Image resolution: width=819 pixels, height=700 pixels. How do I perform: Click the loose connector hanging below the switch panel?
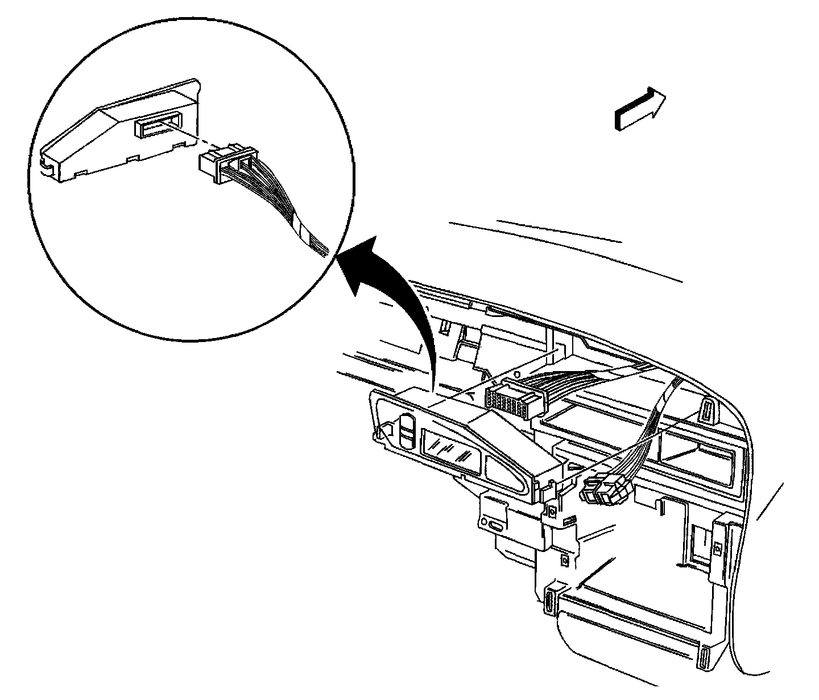point(606,491)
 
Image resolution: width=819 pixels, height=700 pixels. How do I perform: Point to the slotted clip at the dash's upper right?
point(708,411)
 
